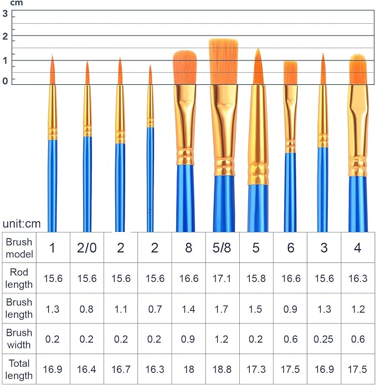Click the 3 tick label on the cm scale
(x=5, y=14)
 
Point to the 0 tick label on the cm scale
(x=5, y=81)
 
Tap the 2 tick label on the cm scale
(x=5, y=37)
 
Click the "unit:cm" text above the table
(x=21, y=224)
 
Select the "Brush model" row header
(x=19, y=248)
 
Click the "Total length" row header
(x=19, y=369)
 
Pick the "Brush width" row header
(x=19, y=339)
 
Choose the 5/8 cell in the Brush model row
(x=222, y=248)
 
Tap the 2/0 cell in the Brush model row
(x=87, y=248)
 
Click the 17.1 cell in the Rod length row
(x=222, y=278)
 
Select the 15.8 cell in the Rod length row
(x=256, y=278)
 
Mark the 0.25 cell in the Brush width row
(x=323, y=339)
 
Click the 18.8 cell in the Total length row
(x=222, y=369)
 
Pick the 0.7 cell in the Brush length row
(x=154, y=309)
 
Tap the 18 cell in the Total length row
(x=188, y=369)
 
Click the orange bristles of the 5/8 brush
(x=223, y=61)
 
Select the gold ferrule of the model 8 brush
(x=185, y=122)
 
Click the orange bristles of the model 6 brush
(x=291, y=73)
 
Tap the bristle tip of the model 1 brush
(x=53, y=58)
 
